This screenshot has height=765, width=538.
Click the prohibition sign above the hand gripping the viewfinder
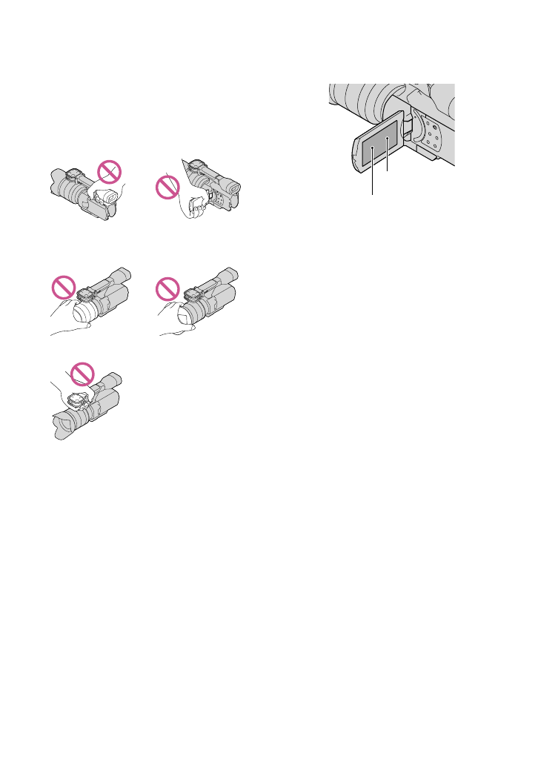tap(109, 173)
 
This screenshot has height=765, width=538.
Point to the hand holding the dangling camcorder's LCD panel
tap(196, 208)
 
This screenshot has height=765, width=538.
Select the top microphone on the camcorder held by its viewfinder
tap(74, 176)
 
